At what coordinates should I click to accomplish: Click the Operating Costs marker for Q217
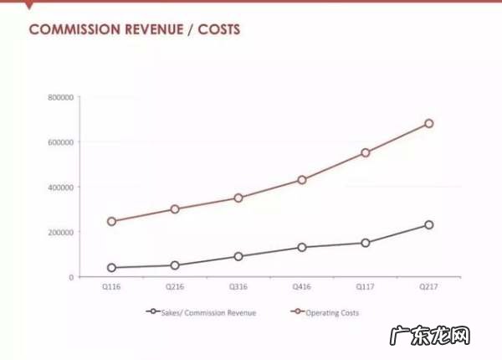pyautogui.click(x=429, y=123)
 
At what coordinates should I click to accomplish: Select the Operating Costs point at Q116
pyautogui.click(x=111, y=221)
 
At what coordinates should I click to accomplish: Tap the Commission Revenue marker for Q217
pyautogui.click(x=429, y=224)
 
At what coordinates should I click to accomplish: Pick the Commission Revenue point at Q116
pyautogui.click(x=111, y=268)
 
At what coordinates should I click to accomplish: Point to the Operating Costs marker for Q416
pyautogui.click(x=302, y=179)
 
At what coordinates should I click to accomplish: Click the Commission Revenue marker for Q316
pyautogui.click(x=238, y=256)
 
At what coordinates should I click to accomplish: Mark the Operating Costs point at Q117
pyautogui.click(x=366, y=152)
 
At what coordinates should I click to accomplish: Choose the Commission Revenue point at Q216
pyautogui.click(x=175, y=265)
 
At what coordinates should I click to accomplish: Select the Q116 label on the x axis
pyautogui.click(x=111, y=287)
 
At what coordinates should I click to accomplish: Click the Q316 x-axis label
pyautogui.click(x=238, y=287)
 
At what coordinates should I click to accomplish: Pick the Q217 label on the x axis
pyautogui.click(x=429, y=287)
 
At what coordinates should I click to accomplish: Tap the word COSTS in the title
pyautogui.click(x=219, y=30)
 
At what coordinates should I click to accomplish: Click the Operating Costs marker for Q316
pyautogui.click(x=238, y=198)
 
